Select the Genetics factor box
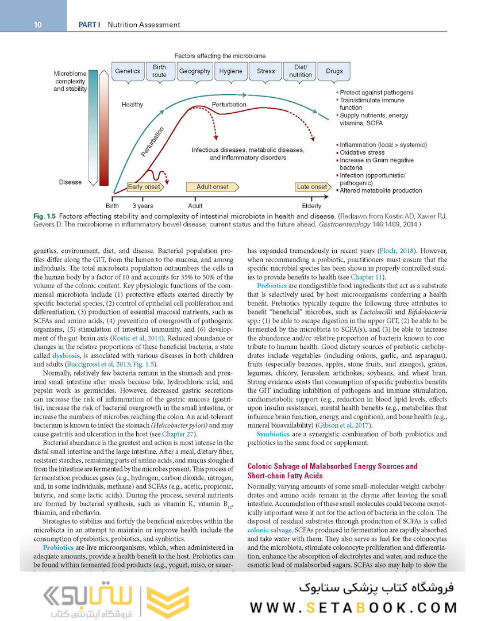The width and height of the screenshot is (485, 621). [128, 71]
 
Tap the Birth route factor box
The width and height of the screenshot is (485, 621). [160, 71]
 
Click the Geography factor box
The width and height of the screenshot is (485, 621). [194, 71]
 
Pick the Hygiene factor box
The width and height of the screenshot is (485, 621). [231, 71]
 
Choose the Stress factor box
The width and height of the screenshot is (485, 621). [265, 71]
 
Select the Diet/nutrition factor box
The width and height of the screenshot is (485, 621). [301, 71]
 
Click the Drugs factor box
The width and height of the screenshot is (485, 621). [334, 71]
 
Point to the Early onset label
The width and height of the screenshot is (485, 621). [144, 187]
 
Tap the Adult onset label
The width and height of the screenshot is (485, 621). [212, 187]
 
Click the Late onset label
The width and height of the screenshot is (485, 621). [311, 187]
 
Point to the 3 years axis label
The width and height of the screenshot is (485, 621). [143, 205]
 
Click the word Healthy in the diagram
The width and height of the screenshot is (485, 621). [132, 105]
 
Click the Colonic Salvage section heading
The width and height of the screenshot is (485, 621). [332, 471]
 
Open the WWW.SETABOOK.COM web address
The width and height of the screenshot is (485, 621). [353, 607]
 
